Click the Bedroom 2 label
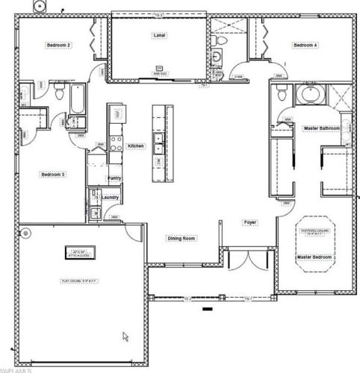pyautogui.click(x=58, y=46)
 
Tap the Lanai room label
pyautogui.click(x=159, y=35)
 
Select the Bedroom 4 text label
pyautogui.click(x=305, y=46)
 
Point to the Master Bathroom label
pyautogui.click(x=322, y=128)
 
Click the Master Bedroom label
pyautogui.click(x=314, y=257)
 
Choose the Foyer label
pyautogui.click(x=250, y=222)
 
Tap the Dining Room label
pyautogui.click(x=181, y=239)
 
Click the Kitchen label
pyautogui.click(x=135, y=145)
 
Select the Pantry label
pyautogui.click(x=114, y=178)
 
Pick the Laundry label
pyautogui.click(x=111, y=197)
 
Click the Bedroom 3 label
pyautogui.click(x=53, y=175)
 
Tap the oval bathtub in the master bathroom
pyautogui.click(x=308, y=95)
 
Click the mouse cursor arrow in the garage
pyautogui.click(x=125, y=336)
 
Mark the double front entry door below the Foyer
pyautogui.click(x=247, y=263)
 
